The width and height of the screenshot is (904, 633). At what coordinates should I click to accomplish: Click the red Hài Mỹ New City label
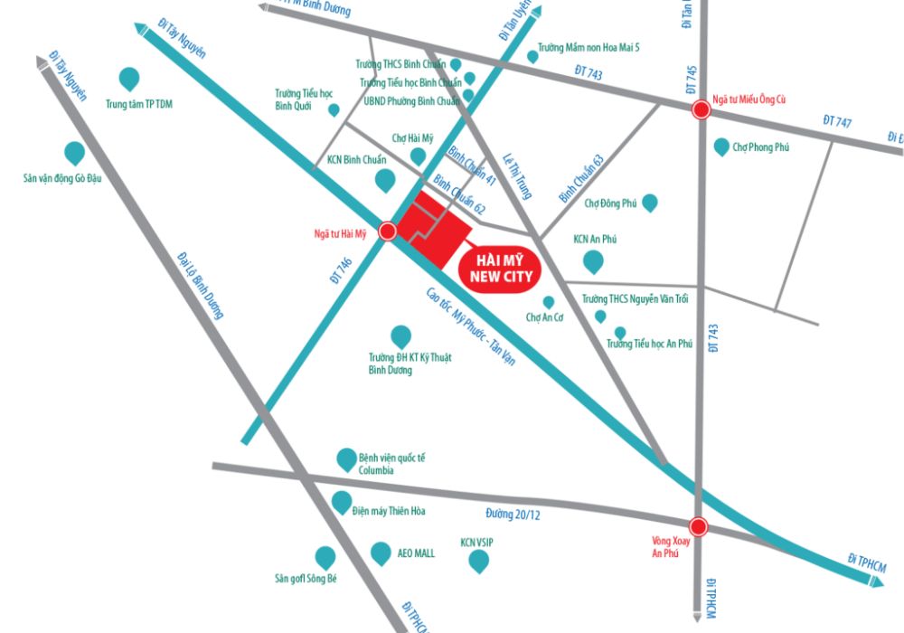[497, 268]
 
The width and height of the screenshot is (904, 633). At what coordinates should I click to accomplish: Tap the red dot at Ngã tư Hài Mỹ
[387, 231]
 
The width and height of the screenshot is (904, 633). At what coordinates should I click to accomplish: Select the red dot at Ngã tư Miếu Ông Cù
[700, 110]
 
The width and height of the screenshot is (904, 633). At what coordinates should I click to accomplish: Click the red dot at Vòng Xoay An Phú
[697, 526]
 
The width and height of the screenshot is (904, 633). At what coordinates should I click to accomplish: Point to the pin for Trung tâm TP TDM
[130, 79]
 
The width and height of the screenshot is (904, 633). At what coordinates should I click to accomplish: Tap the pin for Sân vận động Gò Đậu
[74, 153]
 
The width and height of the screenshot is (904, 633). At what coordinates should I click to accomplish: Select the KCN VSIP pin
[478, 562]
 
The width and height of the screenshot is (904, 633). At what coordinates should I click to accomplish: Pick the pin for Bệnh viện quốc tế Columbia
[346, 459]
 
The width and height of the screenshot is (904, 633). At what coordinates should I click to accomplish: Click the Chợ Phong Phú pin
[721, 146]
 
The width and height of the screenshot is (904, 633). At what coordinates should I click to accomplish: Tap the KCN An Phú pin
[593, 262]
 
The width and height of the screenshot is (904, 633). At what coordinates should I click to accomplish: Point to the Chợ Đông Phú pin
[648, 203]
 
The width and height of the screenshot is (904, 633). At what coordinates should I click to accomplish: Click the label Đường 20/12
[512, 514]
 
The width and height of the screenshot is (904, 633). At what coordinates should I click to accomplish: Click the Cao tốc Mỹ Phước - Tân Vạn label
[469, 326]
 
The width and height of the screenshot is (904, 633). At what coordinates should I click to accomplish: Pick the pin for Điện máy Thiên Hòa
[342, 502]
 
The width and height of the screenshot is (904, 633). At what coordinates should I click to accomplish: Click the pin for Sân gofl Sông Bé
[325, 557]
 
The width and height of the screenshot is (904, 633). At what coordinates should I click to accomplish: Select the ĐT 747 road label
[837, 121]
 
